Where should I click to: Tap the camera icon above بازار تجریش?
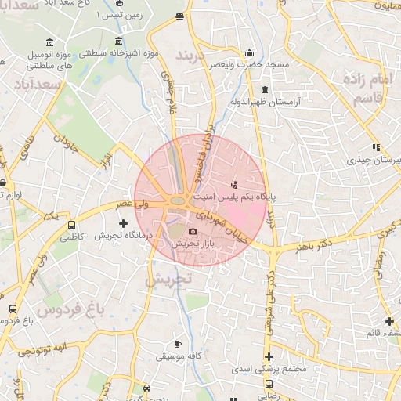click(x=193, y=231)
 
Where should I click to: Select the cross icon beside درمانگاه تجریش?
click(x=123, y=223)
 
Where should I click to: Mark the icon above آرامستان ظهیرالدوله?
click(x=265, y=90)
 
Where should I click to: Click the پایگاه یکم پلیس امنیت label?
click(x=236, y=198)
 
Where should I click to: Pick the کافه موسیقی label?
click(x=179, y=356)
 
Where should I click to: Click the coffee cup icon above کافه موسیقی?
click(x=179, y=344)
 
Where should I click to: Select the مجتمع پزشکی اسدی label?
click(x=269, y=368)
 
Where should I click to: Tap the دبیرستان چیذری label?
click(x=375, y=160)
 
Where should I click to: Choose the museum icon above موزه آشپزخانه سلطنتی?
click(x=118, y=41)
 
